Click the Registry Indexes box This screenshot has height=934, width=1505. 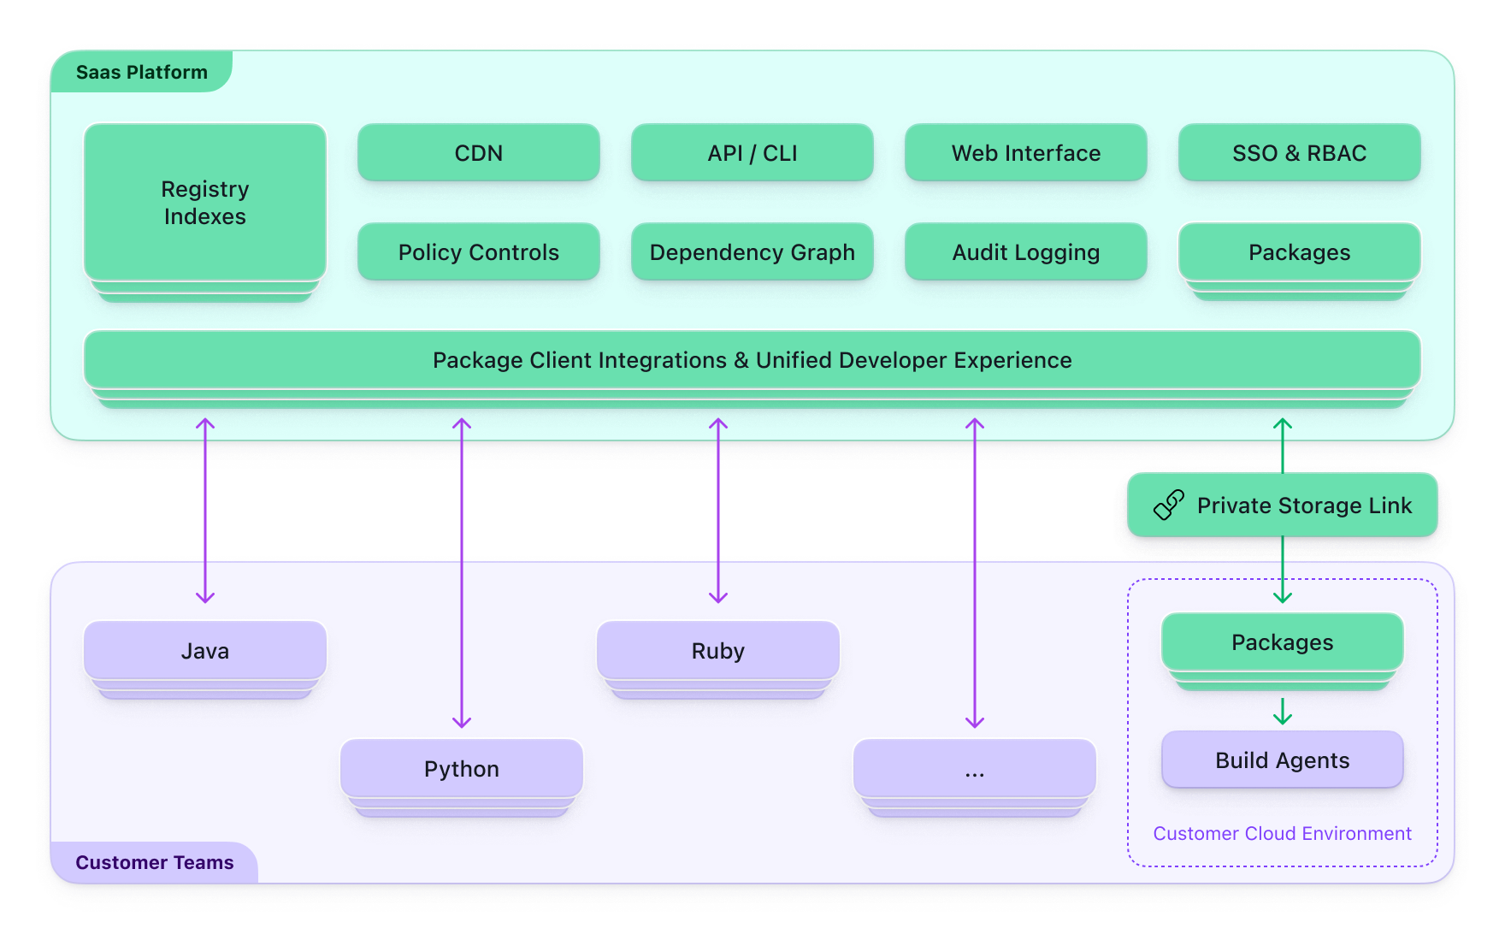(205, 203)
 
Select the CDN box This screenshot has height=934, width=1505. (479, 153)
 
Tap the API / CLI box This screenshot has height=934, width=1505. (752, 153)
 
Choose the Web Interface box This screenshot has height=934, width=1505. (1026, 153)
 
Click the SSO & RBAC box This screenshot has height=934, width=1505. (1300, 153)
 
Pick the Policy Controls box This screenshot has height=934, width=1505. (479, 252)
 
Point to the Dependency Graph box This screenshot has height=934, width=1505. (752, 252)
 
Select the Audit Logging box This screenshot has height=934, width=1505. (1026, 252)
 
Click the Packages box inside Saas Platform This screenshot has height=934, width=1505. (1300, 252)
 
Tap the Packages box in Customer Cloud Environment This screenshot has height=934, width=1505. (1283, 642)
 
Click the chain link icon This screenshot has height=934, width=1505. (1169, 505)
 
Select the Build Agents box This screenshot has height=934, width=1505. (1283, 760)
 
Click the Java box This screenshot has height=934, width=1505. (205, 651)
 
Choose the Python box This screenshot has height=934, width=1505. (462, 769)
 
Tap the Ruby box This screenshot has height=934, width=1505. (718, 651)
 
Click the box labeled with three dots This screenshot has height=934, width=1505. (975, 769)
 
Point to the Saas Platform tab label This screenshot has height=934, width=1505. (142, 73)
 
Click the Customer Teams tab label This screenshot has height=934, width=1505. (155, 862)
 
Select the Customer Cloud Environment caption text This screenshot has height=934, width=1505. (1282, 833)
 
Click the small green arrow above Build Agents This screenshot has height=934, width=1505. (1283, 711)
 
